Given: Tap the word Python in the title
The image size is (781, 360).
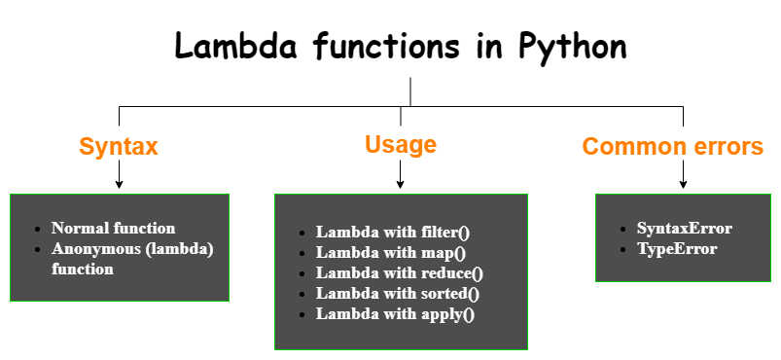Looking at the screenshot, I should pos(574,47).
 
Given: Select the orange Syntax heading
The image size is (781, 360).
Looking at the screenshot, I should pos(119,147).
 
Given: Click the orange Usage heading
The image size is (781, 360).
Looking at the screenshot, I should pos(401,145).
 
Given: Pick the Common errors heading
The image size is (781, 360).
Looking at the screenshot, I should pos(673,147).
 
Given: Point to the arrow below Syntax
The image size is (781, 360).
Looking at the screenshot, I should pos(119,176).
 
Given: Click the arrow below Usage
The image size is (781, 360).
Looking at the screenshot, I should pos(401,176).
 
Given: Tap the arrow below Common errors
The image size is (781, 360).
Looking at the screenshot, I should pos(683,176).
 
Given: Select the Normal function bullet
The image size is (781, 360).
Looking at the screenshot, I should pos(114,228).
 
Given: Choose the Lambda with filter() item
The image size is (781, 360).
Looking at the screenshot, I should pos(393,232).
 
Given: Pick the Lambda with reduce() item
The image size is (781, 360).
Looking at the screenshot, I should pos(399,272).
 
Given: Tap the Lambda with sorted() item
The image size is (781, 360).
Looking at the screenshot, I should pos(398,293).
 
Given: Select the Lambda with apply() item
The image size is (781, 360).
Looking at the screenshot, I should pos(395,313).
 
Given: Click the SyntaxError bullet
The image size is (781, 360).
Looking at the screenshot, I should pos(685,228).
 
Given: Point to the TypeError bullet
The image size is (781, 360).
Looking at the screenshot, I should pos(677,248).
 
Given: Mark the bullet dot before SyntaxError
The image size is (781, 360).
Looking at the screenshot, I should pos(622,229).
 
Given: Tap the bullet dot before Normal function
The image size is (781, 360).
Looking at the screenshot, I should pos(37,229).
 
